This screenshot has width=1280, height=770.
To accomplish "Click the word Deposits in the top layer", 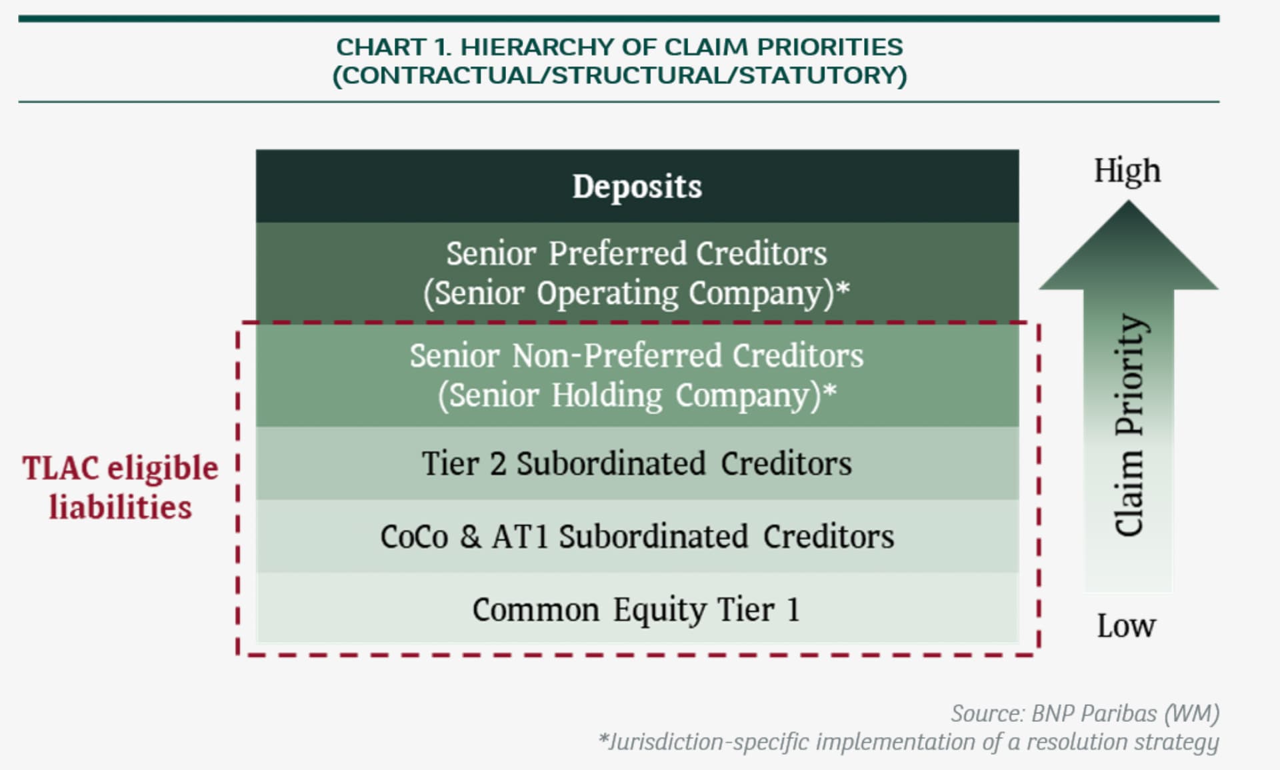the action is pyautogui.click(x=637, y=187).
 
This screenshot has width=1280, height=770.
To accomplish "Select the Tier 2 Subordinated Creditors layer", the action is pyautogui.click(x=637, y=463).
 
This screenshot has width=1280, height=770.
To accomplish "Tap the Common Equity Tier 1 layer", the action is pyautogui.click(x=637, y=607).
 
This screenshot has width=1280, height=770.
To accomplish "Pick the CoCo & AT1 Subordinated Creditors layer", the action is pyautogui.click(x=637, y=536).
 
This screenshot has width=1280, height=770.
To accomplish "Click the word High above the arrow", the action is pyautogui.click(x=1127, y=171).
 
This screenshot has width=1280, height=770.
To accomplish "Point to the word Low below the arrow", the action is pyautogui.click(x=1127, y=626).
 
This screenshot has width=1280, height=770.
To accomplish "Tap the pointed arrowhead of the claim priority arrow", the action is pyautogui.click(x=1129, y=202).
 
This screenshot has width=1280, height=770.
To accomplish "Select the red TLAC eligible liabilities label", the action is pyautogui.click(x=121, y=487).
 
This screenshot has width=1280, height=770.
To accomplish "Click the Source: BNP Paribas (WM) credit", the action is pyautogui.click(x=1085, y=713).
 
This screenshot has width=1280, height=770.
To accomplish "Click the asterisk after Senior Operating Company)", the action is pyautogui.click(x=843, y=288).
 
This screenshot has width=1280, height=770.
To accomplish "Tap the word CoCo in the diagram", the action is pyautogui.click(x=414, y=537).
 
